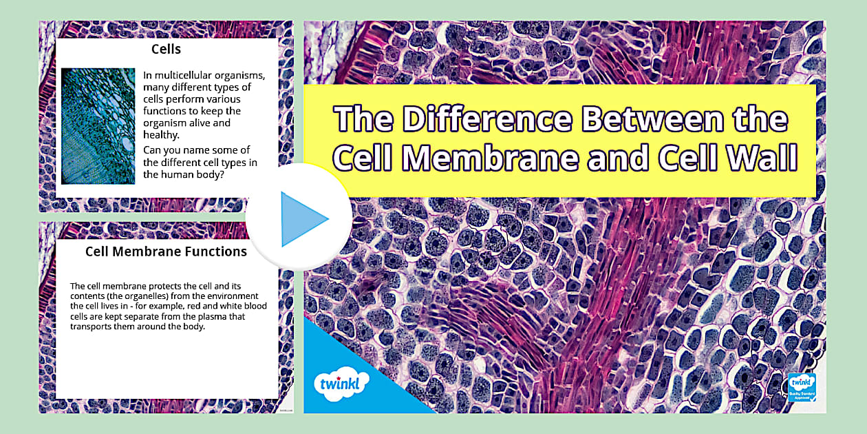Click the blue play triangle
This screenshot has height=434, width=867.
point(303,219)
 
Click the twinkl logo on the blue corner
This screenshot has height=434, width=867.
point(341,382)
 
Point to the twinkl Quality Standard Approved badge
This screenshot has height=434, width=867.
point(802,387)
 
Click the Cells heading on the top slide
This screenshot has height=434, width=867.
point(166,50)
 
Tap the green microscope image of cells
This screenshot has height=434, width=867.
point(98,126)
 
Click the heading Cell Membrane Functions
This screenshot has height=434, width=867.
point(166,251)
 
